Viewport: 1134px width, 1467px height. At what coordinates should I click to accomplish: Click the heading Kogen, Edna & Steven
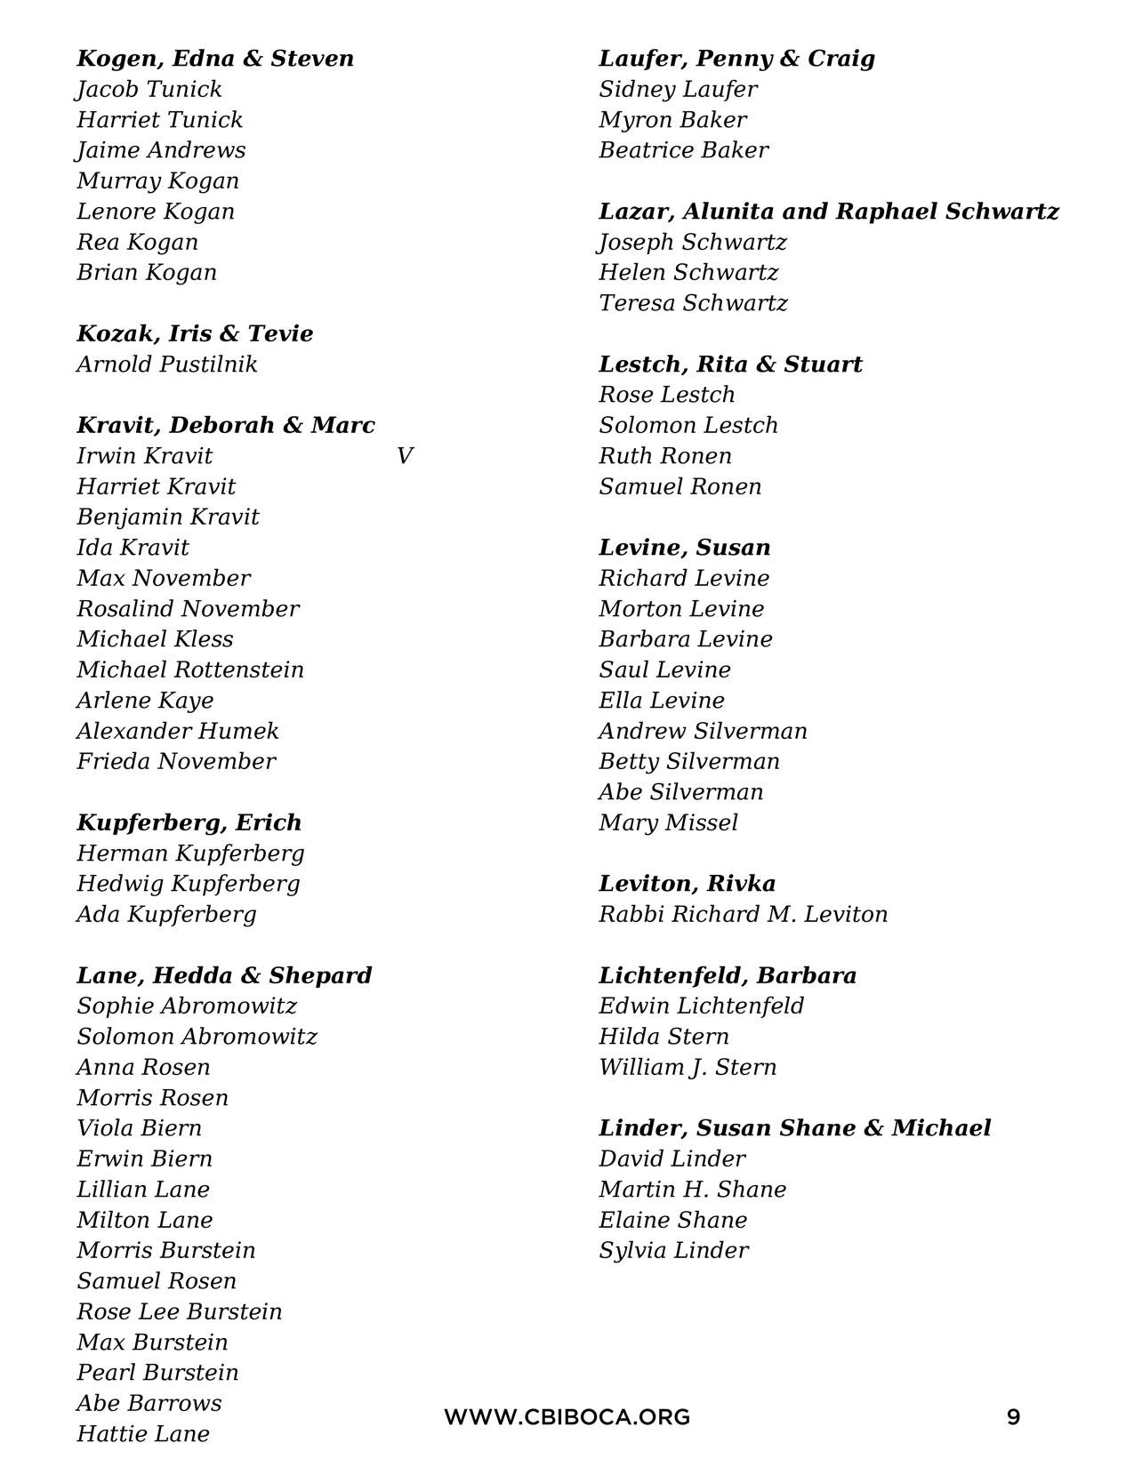(215, 59)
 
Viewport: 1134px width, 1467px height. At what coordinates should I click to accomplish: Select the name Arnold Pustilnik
(167, 365)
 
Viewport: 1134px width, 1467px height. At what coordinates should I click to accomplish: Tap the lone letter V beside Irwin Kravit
(405, 456)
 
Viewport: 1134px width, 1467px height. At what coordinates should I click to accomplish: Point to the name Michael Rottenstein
(190, 669)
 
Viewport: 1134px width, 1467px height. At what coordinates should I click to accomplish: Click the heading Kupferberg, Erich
(189, 822)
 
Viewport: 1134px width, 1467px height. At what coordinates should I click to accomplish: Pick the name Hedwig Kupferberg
(189, 884)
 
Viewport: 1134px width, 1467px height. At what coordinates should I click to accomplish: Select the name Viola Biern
(140, 1128)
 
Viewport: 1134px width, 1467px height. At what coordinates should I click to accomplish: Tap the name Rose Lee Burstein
(180, 1311)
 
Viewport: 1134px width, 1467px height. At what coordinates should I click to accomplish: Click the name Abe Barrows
(149, 1403)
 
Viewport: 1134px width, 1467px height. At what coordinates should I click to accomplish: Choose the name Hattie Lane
(143, 1434)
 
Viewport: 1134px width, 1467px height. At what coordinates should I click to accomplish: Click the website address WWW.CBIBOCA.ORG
(567, 1417)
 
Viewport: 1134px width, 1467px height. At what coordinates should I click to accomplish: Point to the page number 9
(1013, 1417)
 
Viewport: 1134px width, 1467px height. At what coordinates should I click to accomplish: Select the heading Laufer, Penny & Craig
(736, 59)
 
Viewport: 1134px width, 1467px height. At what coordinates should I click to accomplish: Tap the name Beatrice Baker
(683, 150)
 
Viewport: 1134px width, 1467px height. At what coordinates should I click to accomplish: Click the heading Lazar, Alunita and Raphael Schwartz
(829, 212)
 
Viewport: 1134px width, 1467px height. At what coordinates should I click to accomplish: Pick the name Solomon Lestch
(688, 425)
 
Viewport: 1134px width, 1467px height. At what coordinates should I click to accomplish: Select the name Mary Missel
(668, 822)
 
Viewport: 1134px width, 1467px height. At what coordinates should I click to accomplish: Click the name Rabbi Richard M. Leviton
(743, 914)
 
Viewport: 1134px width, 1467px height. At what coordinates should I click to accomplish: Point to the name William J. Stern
(688, 1067)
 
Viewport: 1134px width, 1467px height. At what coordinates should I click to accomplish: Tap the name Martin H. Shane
(692, 1190)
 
